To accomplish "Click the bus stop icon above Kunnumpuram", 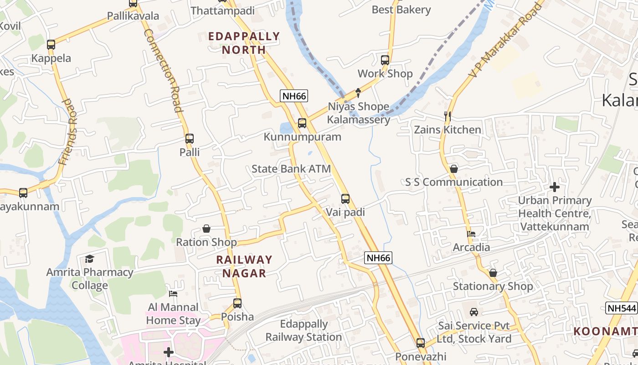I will coord(302,123).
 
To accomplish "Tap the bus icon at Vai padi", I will coord(345,199).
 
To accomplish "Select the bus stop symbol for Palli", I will coord(190,139).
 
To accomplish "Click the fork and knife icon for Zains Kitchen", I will coord(448,116).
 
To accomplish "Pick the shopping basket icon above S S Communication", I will coord(453,169).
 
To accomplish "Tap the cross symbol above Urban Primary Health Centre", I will coord(555,187).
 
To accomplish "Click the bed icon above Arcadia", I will coord(471,234).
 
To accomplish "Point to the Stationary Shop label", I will coord(493,287).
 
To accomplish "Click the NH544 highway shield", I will coord(622,308).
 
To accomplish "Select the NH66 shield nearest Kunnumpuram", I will coord(294,96).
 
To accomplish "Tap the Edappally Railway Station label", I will coord(304,331).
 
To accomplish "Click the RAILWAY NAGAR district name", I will coord(244,266).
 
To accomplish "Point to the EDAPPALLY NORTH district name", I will coord(244,43).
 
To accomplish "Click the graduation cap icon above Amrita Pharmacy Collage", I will coord(89,259).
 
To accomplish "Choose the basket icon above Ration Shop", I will coord(206,229).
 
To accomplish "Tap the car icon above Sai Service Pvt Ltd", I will coord(474,312).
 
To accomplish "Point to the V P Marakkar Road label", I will coord(506,39).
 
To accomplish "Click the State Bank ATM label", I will coord(291,169).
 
